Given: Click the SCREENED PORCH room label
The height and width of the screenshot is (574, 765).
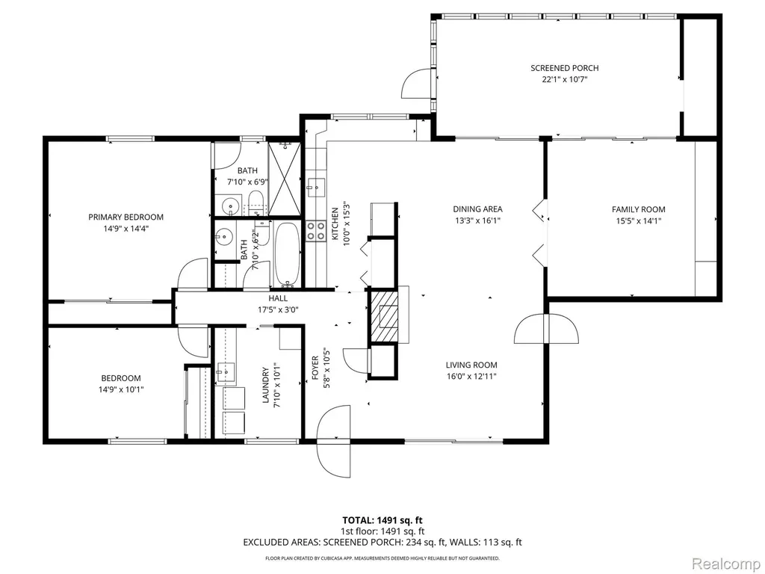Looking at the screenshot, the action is (565, 68).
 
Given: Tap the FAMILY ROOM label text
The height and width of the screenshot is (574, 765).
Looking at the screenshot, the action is (639, 209).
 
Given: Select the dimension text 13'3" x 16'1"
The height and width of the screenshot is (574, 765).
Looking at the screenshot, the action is (477, 220).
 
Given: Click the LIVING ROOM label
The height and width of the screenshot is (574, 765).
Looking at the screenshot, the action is (471, 365).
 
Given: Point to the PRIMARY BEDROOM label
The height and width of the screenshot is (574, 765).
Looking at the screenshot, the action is (126, 217).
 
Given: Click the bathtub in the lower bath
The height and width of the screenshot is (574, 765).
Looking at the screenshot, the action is (286, 254).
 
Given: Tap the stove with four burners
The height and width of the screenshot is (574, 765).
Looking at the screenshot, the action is (316, 231).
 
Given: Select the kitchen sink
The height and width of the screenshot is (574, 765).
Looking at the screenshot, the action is (316, 186).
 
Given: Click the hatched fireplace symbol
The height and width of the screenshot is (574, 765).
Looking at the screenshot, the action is (383, 317).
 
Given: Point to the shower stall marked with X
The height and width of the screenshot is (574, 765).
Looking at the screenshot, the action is (284, 179).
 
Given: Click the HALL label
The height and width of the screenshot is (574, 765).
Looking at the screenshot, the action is (278, 298).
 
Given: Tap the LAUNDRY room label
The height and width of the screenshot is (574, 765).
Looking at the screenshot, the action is (266, 385).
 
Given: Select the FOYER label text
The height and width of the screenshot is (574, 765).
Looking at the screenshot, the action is (315, 368).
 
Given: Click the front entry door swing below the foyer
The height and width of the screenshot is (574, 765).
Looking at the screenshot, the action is (334, 441).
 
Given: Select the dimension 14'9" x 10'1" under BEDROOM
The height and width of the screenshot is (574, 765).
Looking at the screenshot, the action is (121, 389).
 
